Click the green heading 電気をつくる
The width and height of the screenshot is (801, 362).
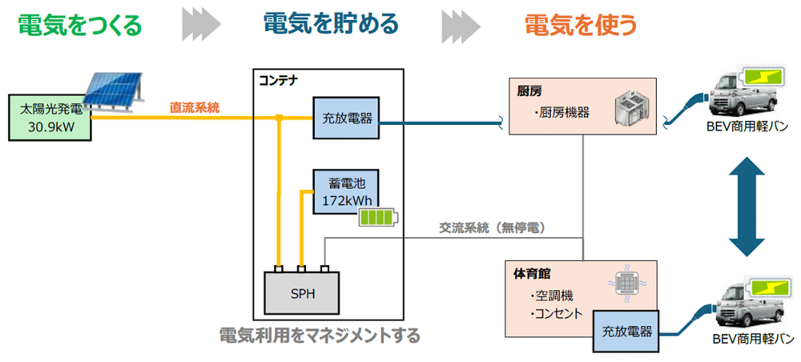(x=80, y=25)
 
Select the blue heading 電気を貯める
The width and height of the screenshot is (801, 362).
(x=331, y=23)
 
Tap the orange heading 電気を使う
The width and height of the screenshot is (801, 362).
(x=580, y=25)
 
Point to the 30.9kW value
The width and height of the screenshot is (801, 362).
(x=51, y=127)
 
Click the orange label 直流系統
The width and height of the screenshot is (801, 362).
(x=194, y=108)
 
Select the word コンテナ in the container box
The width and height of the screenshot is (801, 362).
(x=278, y=80)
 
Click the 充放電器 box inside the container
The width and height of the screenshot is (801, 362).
(x=346, y=118)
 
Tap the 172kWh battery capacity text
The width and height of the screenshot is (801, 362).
(x=347, y=201)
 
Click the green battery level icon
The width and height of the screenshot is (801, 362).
(x=378, y=217)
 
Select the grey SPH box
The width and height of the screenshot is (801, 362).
(x=302, y=293)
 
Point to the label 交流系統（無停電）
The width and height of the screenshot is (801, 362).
(x=492, y=228)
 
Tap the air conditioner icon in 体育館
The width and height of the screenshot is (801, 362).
(x=627, y=283)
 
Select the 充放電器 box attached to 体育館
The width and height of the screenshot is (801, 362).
(x=626, y=332)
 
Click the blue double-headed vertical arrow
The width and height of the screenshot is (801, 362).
(x=746, y=206)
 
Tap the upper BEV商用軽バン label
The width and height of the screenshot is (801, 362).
(x=747, y=126)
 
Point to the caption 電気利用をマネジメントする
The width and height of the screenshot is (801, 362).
(x=320, y=335)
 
